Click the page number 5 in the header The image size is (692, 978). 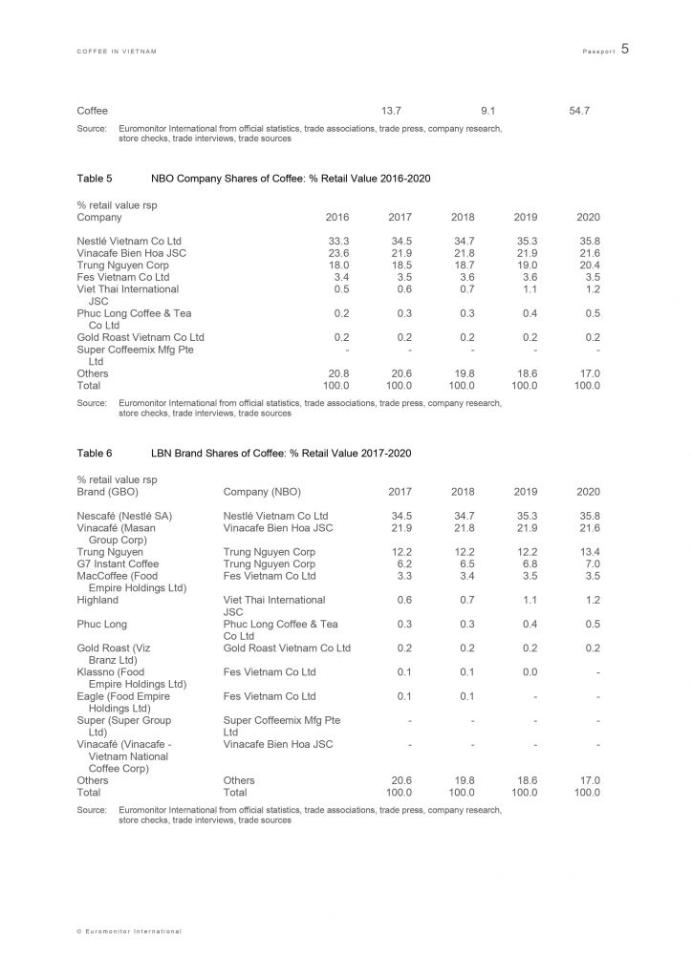click(624, 48)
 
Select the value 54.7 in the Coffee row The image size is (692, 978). click(579, 111)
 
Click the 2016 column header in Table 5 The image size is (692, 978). click(337, 218)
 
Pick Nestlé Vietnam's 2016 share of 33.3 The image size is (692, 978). click(337, 241)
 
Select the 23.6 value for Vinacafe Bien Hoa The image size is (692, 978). click(337, 253)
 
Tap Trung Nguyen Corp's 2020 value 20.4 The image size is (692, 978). click(589, 265)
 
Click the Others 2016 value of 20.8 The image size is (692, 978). click(337, 373)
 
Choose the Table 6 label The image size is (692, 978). click(95, 453)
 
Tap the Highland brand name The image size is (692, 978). click(97, 600)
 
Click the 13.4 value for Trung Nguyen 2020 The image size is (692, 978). click(589, 552)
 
